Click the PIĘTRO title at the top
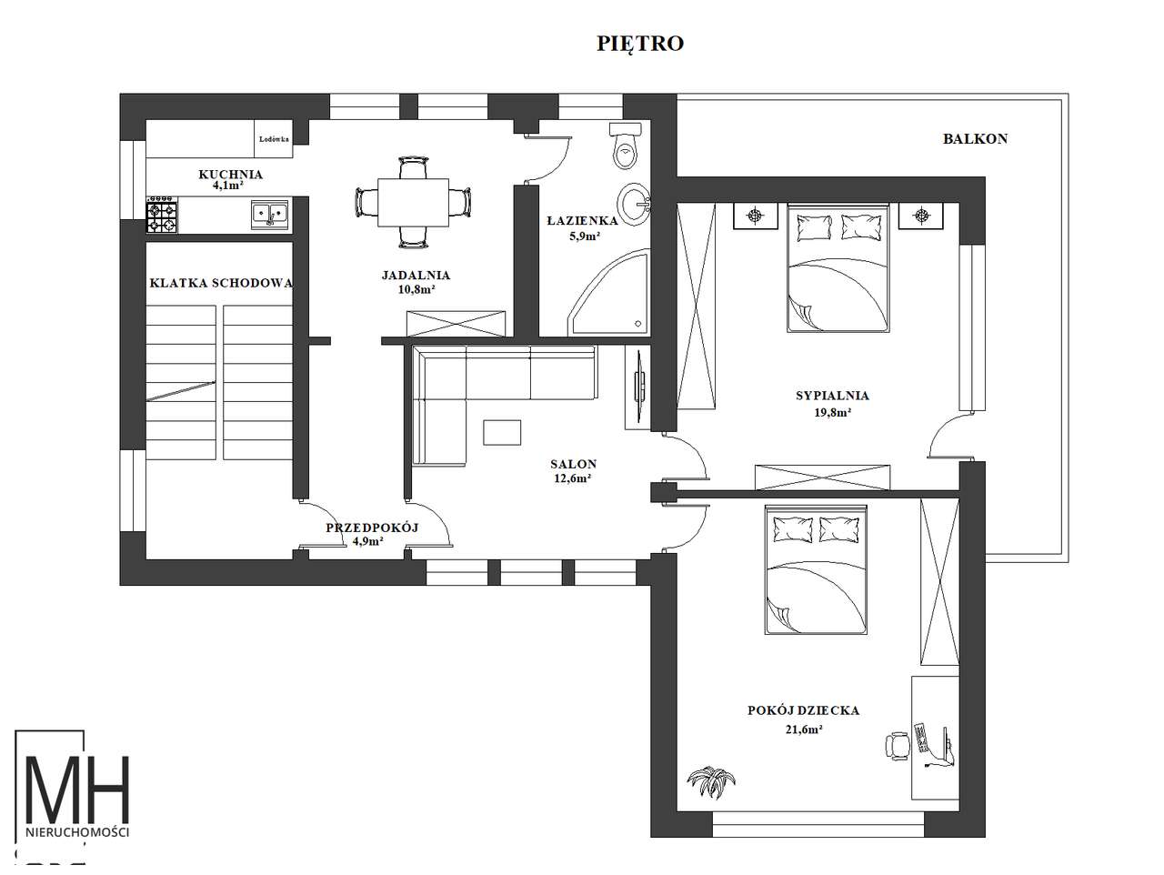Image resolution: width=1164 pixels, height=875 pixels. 640,44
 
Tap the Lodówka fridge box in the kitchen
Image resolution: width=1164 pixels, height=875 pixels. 274,138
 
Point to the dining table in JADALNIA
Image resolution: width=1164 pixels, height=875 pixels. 413,202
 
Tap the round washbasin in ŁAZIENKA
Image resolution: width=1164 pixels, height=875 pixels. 634,203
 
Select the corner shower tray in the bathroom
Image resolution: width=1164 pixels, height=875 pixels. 608,294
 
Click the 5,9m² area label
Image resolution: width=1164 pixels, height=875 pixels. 585,236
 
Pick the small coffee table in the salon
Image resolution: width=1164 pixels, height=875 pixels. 502,432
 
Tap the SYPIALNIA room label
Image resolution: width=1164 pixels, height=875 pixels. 832,396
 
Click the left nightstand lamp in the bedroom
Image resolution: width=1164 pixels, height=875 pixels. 755,216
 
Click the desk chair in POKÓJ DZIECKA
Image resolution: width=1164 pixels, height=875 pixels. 898,747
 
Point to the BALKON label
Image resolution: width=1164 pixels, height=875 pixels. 975,139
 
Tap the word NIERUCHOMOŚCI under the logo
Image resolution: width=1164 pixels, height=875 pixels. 77,832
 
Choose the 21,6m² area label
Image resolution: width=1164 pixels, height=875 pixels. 803,729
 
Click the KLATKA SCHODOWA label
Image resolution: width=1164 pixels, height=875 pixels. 221,283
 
